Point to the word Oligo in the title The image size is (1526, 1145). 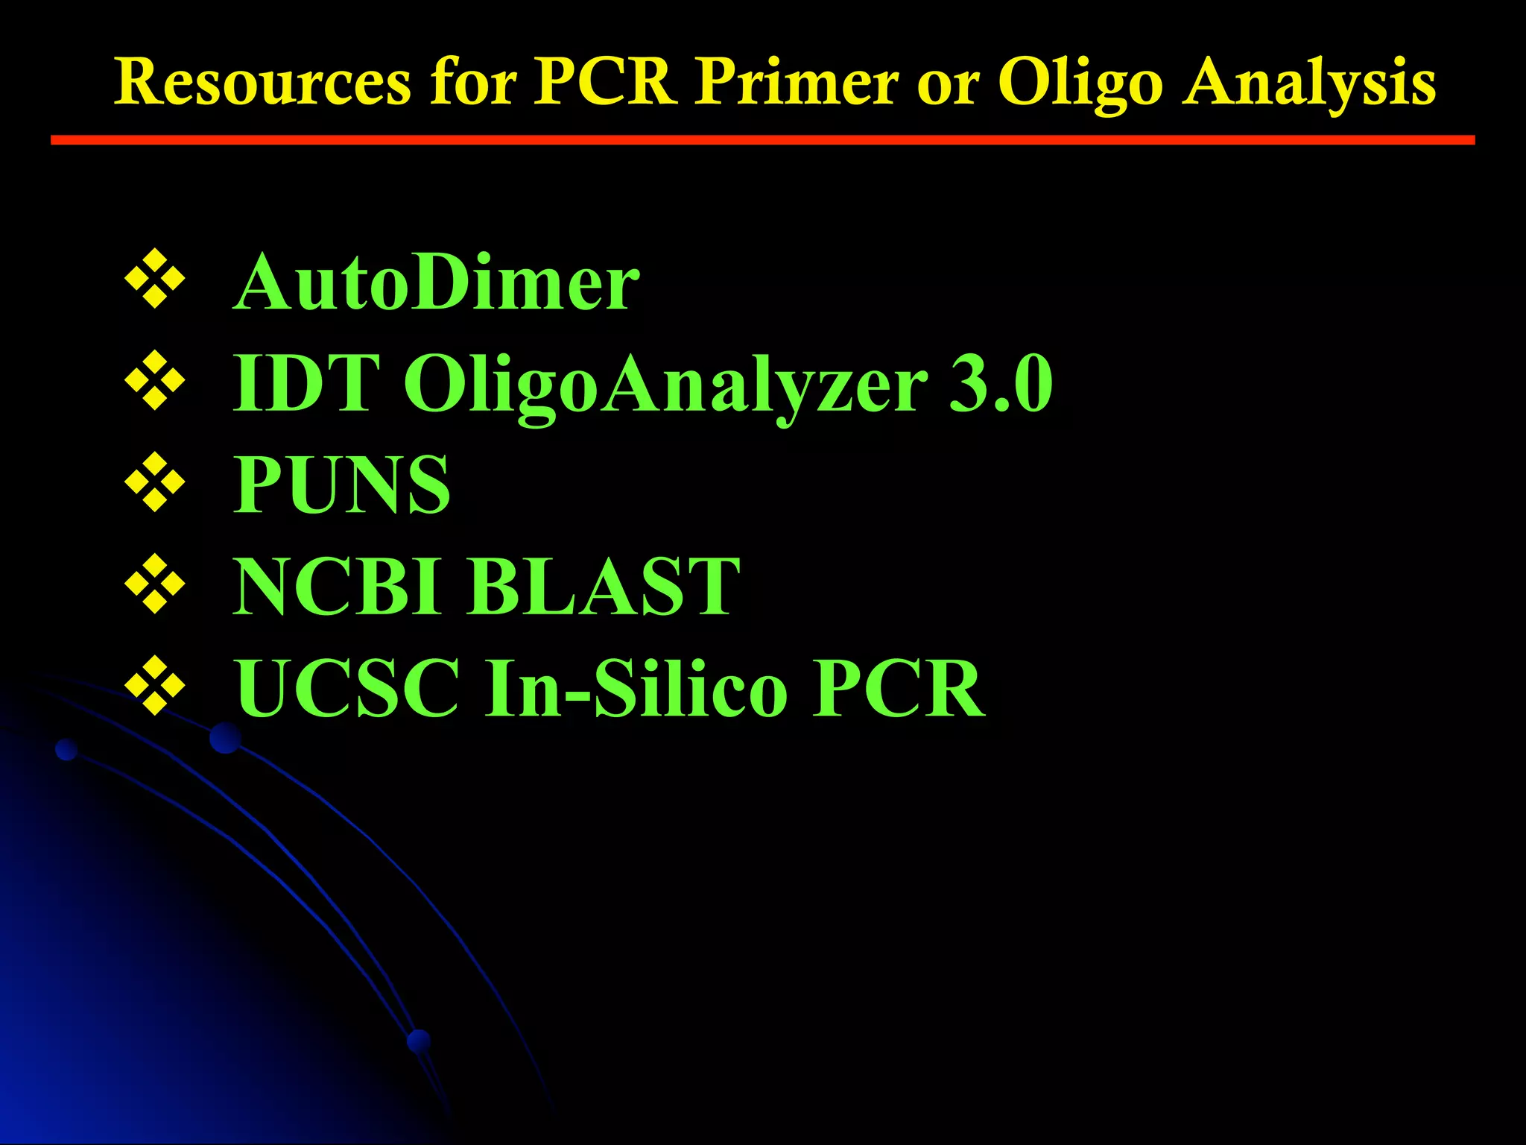tap(1080, 83)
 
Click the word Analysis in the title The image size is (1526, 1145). tap(1309, 83)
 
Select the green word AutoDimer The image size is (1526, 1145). tap(436, 283)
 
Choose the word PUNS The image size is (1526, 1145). tap(342, 485)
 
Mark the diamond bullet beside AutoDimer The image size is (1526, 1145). tap(155, 280)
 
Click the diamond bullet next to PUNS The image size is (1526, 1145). tap(155, 482)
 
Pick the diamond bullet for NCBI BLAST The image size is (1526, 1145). tap(155, 584)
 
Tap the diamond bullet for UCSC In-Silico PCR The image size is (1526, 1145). tap(155, 685)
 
